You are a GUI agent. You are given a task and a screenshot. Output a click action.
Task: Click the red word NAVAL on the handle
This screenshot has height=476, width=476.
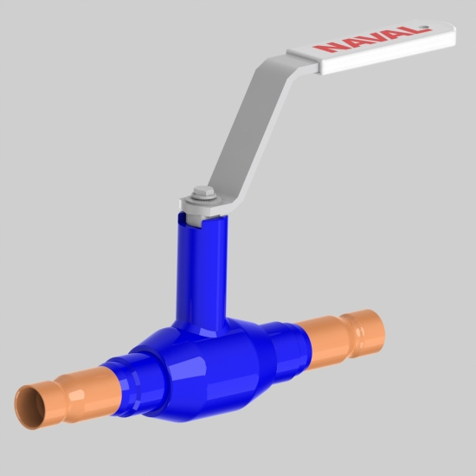coord(372,40)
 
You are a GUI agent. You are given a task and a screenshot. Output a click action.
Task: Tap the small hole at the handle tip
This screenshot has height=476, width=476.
coord(426,29)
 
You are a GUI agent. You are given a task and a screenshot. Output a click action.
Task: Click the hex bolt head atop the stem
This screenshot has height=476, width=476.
coord(203,192)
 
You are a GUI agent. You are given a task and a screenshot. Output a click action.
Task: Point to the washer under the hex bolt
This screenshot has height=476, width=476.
coord(203,199)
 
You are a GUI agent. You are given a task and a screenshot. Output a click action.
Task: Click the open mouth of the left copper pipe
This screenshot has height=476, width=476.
coord(29,407)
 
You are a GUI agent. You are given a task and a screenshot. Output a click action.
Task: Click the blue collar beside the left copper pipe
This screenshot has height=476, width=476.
coord(133,384)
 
